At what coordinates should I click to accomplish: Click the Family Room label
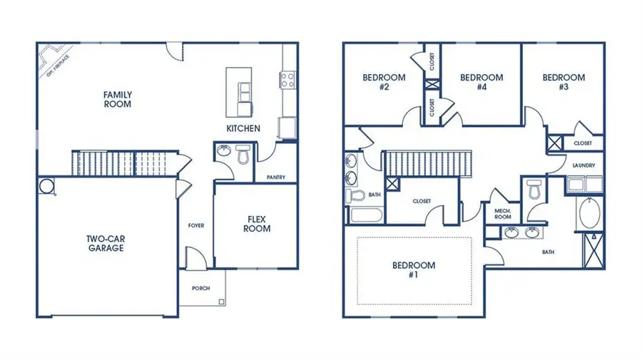pyautogui.click(x=118, y=99)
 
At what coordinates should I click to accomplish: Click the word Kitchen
pyautogui.click(x=243, y=129)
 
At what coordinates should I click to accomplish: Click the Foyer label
pyautogui.click(x=196, y=226)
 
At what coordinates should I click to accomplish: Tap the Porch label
pyautogui.click(x=200, y=289)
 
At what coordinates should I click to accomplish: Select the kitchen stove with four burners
pyautogui.click(x=288, y=78)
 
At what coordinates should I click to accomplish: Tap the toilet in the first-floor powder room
pyautogui.click(x=243, y=153)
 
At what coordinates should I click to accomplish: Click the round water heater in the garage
pyautogui.click(x=48, y=185)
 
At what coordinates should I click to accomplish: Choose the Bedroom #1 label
pyautogui.click(x=414, y=269)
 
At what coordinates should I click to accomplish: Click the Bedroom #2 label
pyautogui.click(x=384, y=82)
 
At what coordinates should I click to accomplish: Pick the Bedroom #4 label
pyautogui.click(x=481, y=82)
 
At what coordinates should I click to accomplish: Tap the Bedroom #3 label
pyautogui.click(x=564, y=82)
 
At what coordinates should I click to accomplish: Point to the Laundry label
pyautogui.click(x=584, y=166)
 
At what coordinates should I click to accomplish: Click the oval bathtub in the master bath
pyautogui.click(x=590, y=214)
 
